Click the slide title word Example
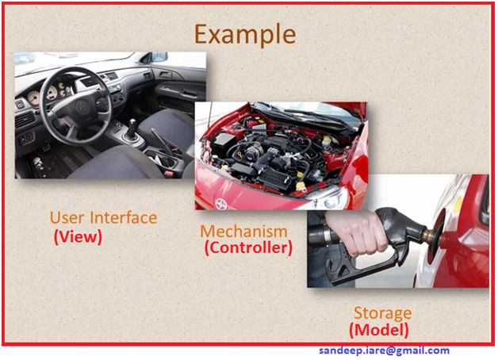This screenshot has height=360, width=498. coord(245,34)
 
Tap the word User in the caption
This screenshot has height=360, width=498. coord(67,218)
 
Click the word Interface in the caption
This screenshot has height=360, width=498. coord(124,217)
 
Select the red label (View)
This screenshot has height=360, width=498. coord(79,236)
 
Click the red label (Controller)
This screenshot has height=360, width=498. coord(248,247)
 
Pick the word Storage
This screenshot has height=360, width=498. coord(383,314)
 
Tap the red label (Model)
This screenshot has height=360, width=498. coord(379,330)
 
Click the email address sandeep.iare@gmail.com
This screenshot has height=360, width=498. coord(385,350)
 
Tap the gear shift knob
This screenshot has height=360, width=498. coord(132,123)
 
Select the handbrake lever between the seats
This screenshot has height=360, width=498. coord(162,140)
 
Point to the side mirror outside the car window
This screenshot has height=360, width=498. coord(158,57)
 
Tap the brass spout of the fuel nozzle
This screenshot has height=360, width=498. coord(431,236)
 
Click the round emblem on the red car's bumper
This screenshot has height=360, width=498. coord(221,204)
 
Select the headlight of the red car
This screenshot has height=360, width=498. coord(331,199)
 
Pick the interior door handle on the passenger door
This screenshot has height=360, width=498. coord(166,75)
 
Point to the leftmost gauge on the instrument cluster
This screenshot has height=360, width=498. coord(33,98)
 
